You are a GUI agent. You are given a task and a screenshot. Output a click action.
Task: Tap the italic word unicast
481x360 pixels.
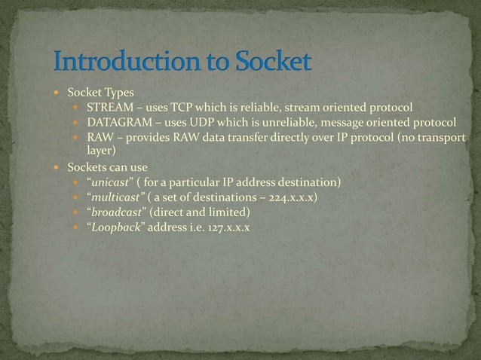click(x=110, y=183)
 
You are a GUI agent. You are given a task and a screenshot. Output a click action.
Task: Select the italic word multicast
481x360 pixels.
click(x=115, y=197)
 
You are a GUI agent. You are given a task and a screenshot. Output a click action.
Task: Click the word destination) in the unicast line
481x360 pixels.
click(x=311, y=183)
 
